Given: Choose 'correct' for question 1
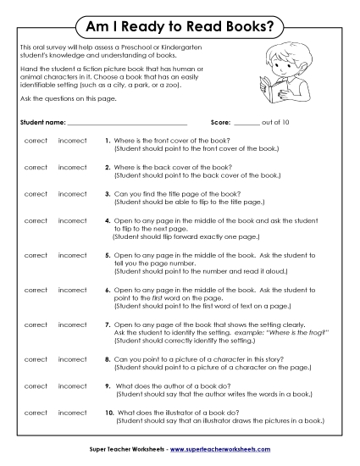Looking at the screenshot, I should tap(36, 141).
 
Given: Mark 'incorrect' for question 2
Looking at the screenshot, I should tap(72, 167).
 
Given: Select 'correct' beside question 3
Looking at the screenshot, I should tap(36, 194).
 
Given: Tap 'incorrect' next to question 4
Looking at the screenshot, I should tap(72, 220).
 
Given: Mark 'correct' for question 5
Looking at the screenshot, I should tap(36, 255).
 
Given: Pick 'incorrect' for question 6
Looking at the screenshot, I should tap(72, 290).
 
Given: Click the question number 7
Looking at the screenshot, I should tap(107, 325).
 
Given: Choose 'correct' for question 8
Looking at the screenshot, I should tap(36, 359).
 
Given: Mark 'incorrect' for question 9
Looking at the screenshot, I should tap(72, 386).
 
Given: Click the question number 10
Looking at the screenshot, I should tap(109, 413).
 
